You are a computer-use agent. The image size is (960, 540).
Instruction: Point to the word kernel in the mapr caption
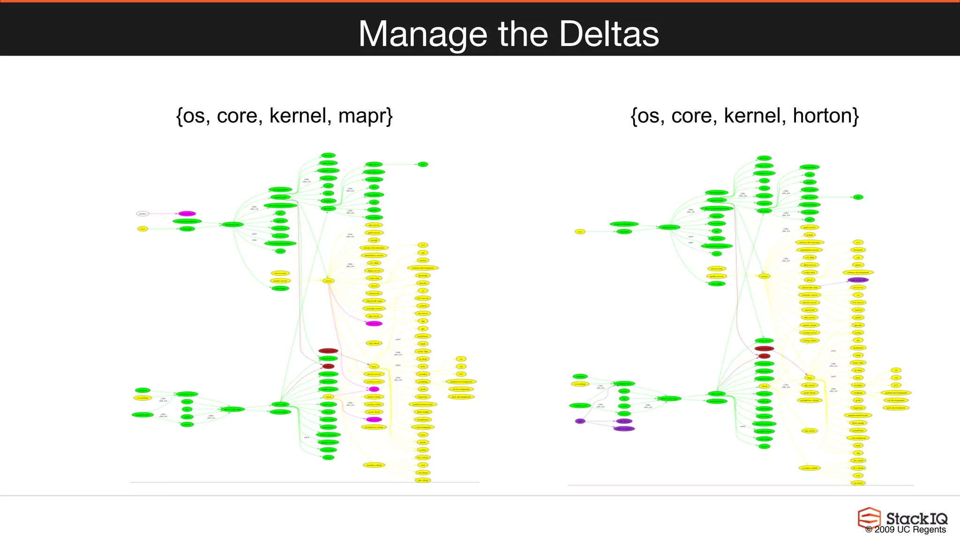(298, 116)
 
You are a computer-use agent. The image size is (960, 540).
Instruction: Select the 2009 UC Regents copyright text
(905, 530)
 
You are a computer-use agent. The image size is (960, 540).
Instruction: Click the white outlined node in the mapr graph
(142, 214)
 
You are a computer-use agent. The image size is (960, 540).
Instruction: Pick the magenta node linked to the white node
(187, 214)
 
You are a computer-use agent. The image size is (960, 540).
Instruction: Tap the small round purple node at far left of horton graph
(580, 421)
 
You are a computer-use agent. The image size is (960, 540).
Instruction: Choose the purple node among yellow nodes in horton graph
(858, 280)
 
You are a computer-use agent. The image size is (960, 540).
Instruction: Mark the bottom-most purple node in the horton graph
(624, 428)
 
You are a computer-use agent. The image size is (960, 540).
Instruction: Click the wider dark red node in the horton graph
(764, 348)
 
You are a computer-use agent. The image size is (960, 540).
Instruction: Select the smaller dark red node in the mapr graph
(328, 366)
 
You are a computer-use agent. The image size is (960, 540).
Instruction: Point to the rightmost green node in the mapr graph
(423, 165)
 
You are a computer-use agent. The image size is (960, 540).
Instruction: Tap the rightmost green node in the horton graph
(858, 197)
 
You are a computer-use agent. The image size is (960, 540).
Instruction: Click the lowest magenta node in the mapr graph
(374, 420)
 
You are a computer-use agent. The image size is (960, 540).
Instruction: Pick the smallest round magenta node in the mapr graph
(374, 389)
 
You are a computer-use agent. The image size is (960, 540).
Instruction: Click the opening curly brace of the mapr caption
(179, 116)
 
